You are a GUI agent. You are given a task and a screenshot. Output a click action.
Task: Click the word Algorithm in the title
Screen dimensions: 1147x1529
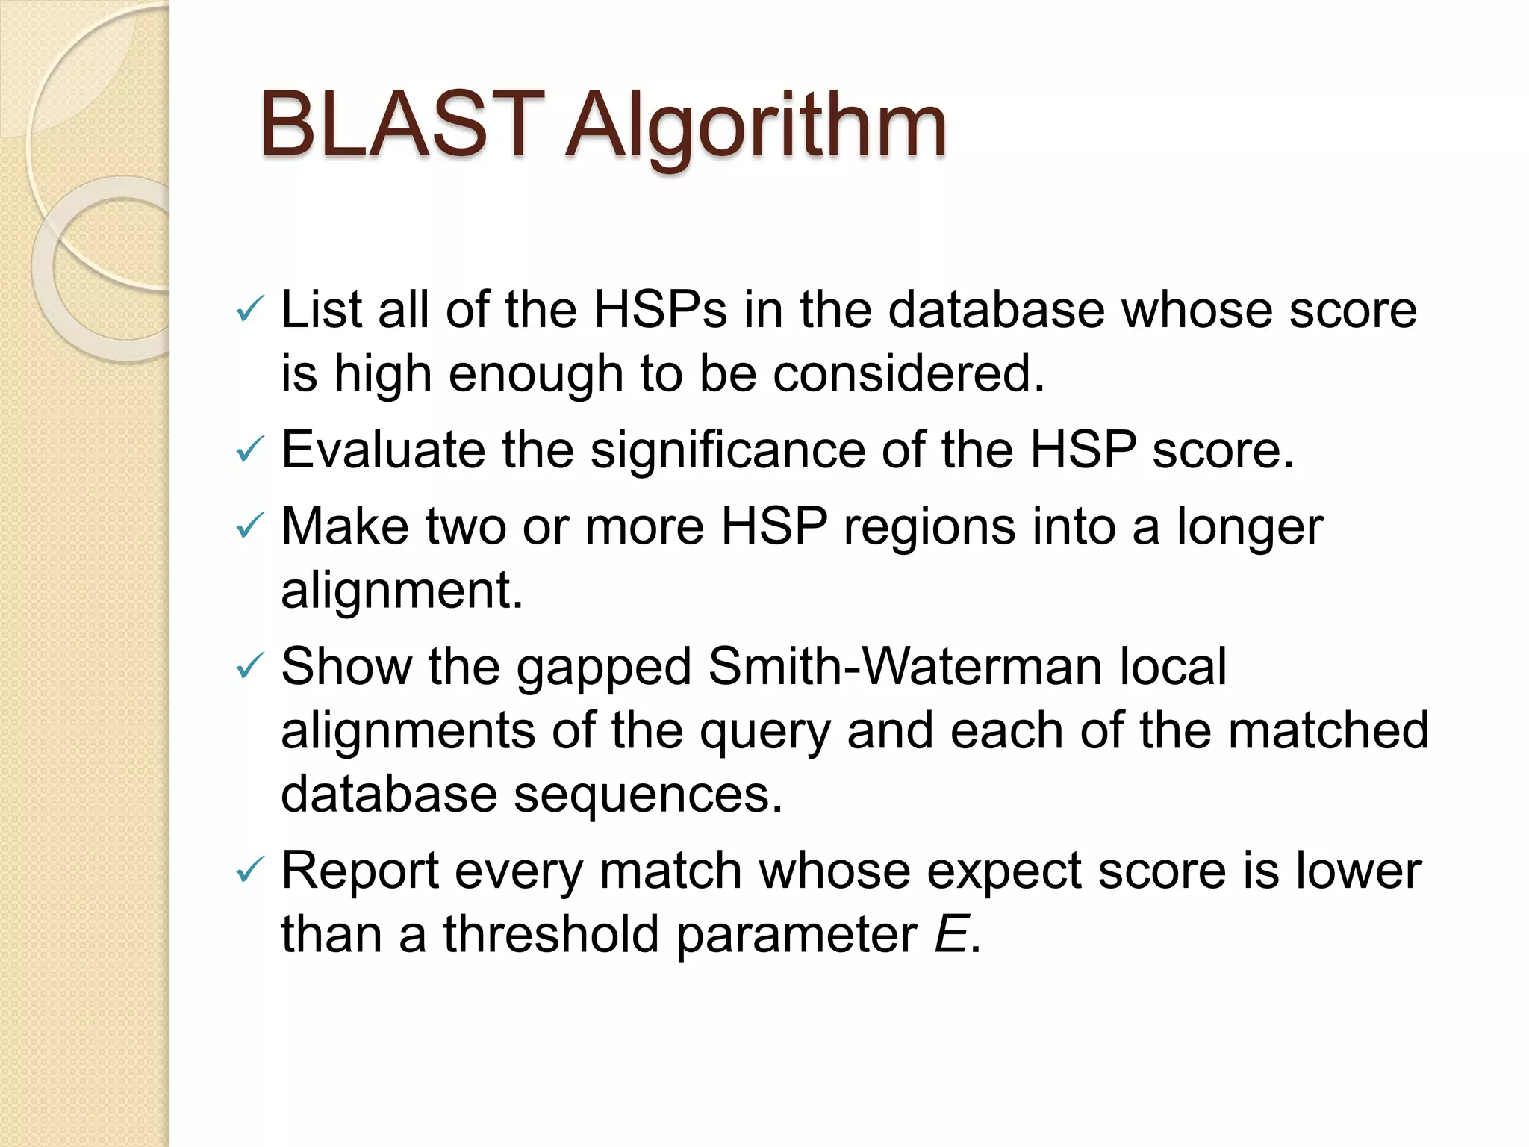click(755, 127)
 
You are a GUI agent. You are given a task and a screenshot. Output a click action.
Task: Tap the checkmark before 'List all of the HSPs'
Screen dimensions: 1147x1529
click(249, 309)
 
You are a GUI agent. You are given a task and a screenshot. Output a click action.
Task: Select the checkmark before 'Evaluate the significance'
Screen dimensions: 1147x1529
click(249, 450)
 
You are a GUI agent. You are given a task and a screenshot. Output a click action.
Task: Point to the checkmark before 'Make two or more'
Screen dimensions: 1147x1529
click(249, 526)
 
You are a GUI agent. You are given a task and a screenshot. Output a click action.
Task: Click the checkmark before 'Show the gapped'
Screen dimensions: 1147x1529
click(249, 666)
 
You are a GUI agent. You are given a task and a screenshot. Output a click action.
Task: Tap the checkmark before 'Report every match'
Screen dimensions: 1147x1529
click(249, 871)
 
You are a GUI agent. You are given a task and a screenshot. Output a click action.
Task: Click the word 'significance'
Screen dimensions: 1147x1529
click(727, 450)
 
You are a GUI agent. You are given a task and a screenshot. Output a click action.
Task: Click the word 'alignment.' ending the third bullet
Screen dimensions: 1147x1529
click(402, 591)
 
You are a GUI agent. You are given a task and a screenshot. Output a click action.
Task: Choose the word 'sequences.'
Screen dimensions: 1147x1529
click(648, 795)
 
